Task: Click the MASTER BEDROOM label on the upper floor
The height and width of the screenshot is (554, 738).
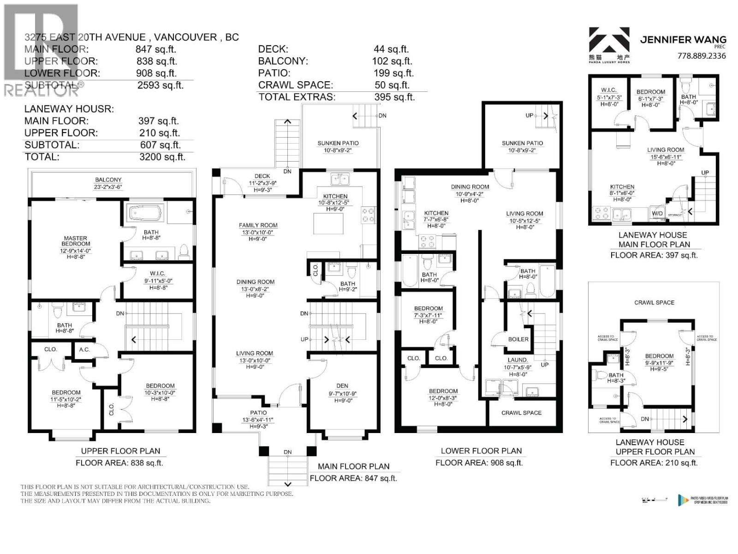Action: pos(76,241)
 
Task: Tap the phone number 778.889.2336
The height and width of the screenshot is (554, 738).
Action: pos(702,56)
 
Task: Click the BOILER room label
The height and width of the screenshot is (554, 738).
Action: pos(518,339)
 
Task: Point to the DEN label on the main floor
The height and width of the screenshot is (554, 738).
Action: pos(342,386)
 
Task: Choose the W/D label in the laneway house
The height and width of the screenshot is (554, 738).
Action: pos(657,214)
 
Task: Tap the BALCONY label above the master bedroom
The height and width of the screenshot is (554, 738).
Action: pos(108,180)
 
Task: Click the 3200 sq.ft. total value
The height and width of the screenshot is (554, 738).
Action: pos(161,157)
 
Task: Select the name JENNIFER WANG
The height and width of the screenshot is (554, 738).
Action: pos(683,40)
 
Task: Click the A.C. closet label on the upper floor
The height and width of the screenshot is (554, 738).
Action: pos(84,349)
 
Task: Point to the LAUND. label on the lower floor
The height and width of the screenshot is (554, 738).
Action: pos(518,360)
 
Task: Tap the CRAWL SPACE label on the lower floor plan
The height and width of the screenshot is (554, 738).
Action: pos(521,413)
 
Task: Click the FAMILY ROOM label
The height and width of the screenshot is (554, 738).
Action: pos(258,225)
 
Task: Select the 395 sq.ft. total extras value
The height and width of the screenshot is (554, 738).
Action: pos(394,97)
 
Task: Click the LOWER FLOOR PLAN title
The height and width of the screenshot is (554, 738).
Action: pos(481,451)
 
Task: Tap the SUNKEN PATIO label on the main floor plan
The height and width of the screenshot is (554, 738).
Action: pos(338,143)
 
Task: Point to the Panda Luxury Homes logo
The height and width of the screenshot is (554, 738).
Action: pos(609,44)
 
